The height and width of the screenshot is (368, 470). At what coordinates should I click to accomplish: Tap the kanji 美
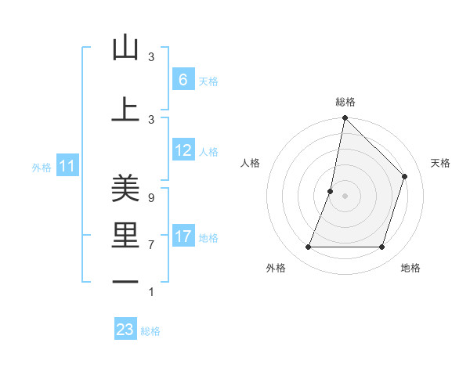(125, 189)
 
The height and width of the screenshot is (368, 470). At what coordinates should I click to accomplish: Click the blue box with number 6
(183, 79)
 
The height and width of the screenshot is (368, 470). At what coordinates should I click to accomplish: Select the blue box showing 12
(183, 150)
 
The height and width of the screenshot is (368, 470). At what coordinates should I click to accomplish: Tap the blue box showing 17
(183, 236)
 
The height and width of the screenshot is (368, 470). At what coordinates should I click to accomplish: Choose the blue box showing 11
(67, 166)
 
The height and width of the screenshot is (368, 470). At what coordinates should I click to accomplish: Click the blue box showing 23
(125, 330)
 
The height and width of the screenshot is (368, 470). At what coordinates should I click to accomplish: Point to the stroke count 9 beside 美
(150, 197)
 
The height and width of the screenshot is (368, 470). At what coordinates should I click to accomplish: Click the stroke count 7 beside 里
(150, 245)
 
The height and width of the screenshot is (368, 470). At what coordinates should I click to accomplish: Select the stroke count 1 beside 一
(150, 292)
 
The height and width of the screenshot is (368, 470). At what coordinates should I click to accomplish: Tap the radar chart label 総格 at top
(345, 102)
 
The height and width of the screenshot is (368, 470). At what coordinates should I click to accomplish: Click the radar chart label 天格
(440, 163)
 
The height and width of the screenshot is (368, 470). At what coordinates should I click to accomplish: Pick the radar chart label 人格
(250, 163)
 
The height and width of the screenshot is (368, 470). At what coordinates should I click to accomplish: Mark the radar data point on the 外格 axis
(308, 247)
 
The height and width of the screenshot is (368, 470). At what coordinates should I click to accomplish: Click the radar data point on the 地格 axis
(382, 247)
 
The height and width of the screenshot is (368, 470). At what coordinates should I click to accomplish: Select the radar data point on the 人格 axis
(331, 191)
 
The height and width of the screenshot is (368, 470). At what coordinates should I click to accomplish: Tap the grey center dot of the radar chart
(345, 196)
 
